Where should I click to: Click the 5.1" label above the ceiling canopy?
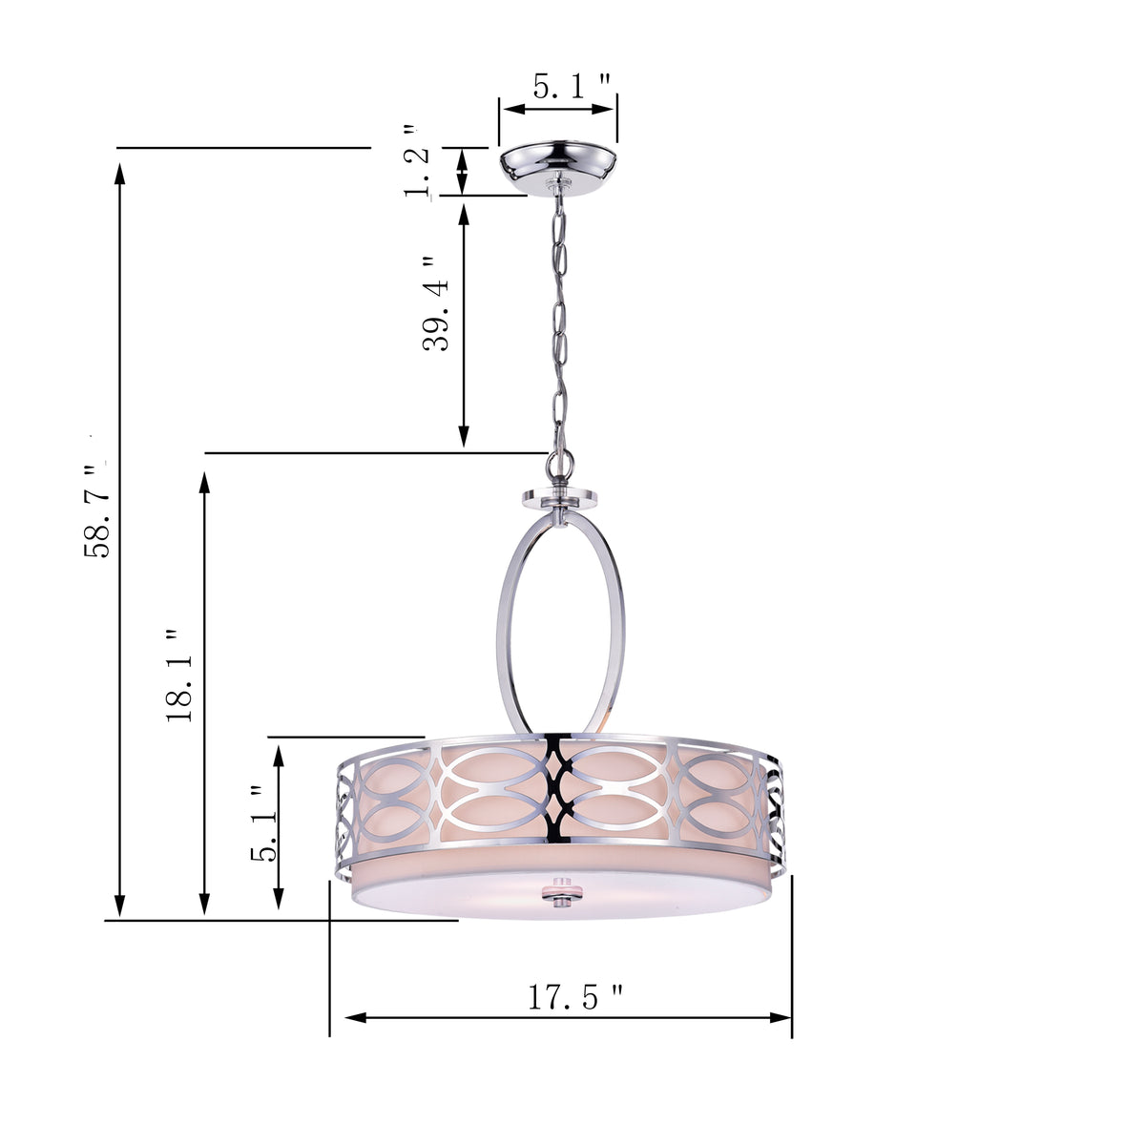(x=571, y=87)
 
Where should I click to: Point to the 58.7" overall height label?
(x=98, y=510)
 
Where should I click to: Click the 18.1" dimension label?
(x=180, y=675)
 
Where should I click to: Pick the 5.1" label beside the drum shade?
(x=264, y=823)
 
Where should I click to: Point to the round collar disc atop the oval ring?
(x=559, y=497)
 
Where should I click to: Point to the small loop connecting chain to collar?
(x=558, y=467)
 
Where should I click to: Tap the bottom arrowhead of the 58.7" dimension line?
(x=120, y=906)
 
